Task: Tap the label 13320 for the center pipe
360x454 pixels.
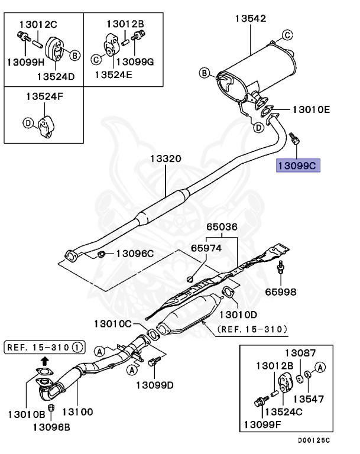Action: (165, 159)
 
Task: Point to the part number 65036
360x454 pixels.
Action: (222, 227)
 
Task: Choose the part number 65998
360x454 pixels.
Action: (281, 291)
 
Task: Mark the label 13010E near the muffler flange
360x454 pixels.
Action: (310, 109)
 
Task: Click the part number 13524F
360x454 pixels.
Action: (44, 98)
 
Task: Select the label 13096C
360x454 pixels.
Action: (134, 254)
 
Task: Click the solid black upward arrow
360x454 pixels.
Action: (45, 359)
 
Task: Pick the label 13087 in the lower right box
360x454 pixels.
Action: (304, 352)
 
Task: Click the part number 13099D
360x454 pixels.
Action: (154, 385)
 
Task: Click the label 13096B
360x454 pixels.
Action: (52, 426)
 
